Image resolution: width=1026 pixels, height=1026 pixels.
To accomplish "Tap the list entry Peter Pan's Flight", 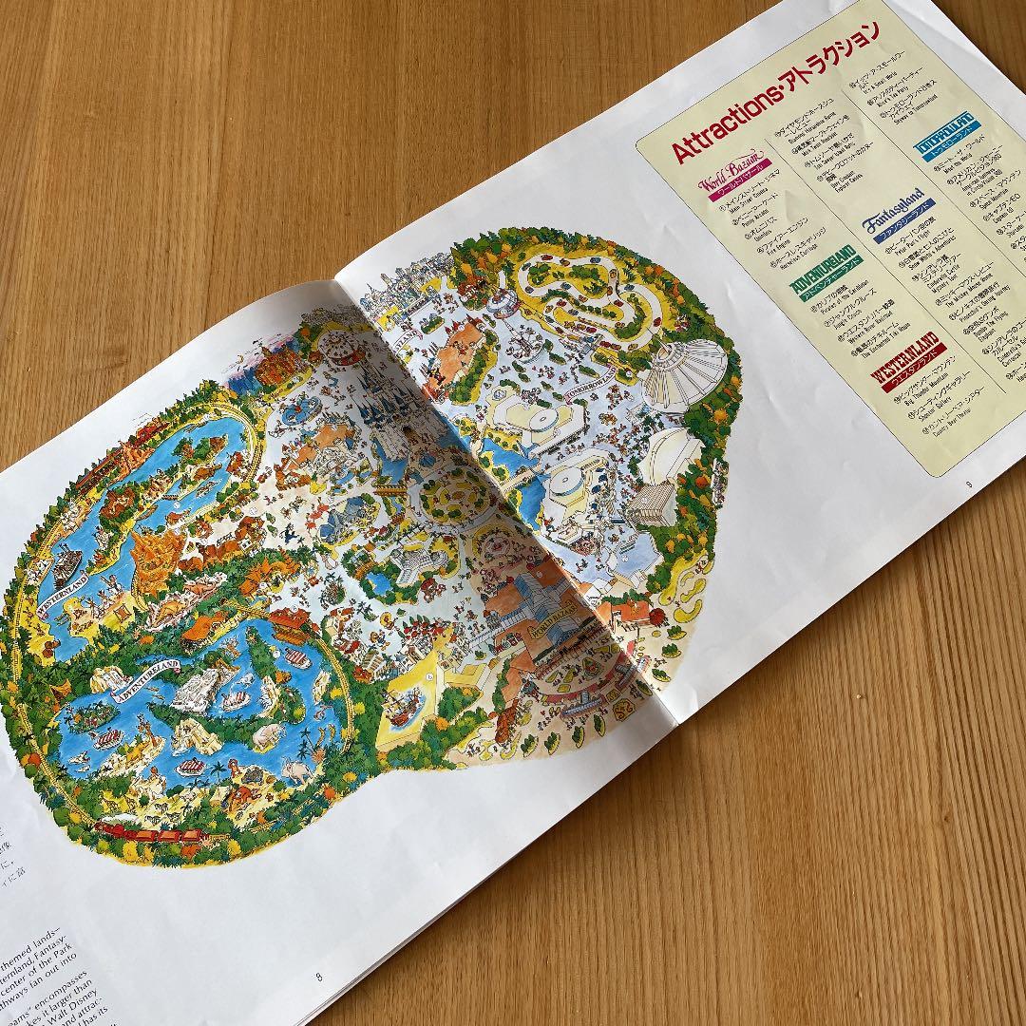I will point(899,248).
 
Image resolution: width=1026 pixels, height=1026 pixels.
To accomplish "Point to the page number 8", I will point(318,976).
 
